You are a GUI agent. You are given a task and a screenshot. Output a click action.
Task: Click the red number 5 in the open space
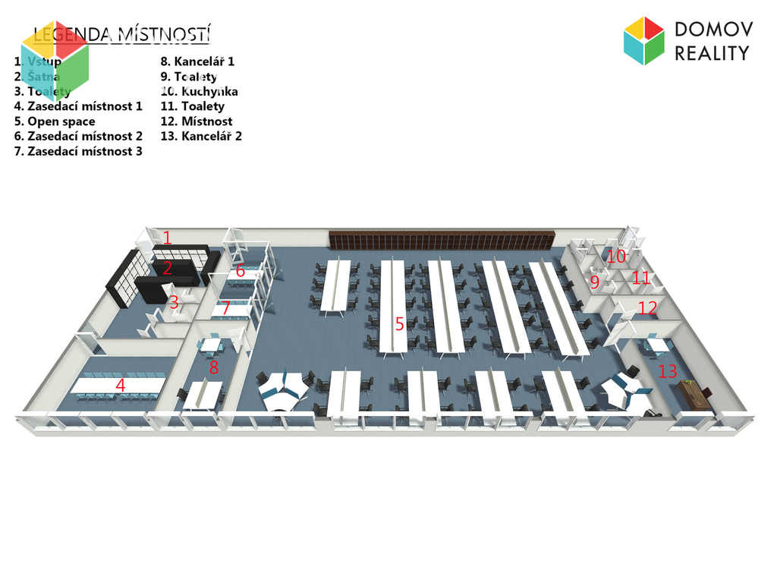click(x=399, y=324)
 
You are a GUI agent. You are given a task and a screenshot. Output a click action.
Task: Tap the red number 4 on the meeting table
click(x=120, y=385)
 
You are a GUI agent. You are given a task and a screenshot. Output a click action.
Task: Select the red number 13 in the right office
click(x=667, y=371)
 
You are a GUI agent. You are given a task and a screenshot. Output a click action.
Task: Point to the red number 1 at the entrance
click(x=168, y=238)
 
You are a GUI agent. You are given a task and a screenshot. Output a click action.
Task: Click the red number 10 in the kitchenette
click(x=616, y=257)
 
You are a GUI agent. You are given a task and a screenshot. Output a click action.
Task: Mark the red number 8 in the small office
click(x=214, y=368)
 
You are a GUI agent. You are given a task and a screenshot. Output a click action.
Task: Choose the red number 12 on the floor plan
click(x=647, y=307)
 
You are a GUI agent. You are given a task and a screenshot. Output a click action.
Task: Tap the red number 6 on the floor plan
click(x=240, y=271)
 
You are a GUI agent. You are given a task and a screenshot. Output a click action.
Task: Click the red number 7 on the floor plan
click(x=225, y=310)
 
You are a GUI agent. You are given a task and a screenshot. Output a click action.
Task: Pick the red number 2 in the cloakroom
click(x=168, y=268)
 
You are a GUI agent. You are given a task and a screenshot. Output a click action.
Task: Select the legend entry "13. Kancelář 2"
click(x=201, y=137)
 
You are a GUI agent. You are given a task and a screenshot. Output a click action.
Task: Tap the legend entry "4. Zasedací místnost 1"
click(x=78, y=106)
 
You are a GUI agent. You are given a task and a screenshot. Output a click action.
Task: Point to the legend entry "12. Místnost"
click(x=197, y=121)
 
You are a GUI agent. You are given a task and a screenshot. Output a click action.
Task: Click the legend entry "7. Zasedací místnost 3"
click(x=78, y=151)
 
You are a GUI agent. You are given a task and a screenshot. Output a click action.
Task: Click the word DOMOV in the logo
click(x=713, y=30)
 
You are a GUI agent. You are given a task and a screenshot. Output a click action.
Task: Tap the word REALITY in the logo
click(x=712, y=53)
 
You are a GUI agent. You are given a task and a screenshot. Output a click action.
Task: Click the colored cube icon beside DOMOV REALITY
click(x=643, y=41)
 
